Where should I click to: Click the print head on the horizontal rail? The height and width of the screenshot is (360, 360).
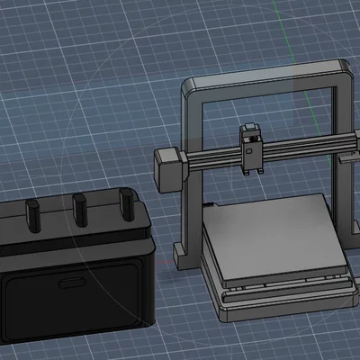(250, 148)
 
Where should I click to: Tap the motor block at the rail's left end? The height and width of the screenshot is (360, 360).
(169, 169)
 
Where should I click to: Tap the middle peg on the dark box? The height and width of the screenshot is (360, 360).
(79, 208)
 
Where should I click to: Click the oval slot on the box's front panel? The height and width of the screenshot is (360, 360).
(71, 285)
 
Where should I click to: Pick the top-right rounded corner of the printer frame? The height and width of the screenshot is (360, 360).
(343, 67)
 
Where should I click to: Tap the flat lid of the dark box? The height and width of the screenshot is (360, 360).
(72, 229)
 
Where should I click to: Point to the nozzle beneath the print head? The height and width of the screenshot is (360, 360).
(249, 174)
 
